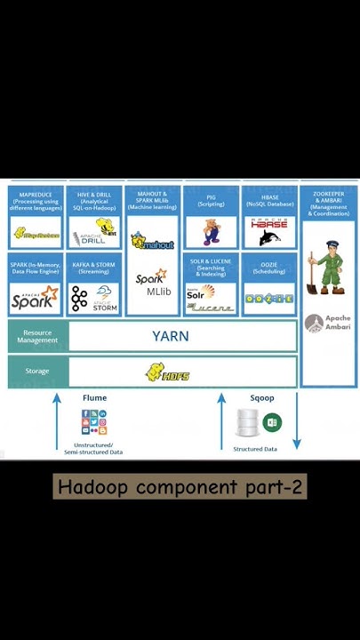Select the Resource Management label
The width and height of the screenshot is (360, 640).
[x=37, y=336]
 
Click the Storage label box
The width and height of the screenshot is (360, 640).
[x=37, y=371]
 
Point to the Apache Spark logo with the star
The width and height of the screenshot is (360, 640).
[x=34, y=299]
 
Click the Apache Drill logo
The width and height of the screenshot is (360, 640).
[x=94, y=233]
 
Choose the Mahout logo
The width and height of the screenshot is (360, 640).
[x=152, y=241]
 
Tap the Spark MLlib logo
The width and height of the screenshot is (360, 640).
[x=152, y=284]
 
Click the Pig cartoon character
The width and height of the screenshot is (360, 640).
[x=211, y=232]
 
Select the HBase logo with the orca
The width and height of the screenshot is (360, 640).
[x=268, y=232]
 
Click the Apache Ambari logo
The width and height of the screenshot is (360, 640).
[x=328, y=323]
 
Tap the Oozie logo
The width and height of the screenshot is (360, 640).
[x=268, y=299]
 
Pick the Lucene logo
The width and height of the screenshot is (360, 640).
[x=211, y=308]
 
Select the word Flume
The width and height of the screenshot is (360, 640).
[x=94, y=398]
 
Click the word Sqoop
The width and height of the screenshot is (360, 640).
[x=262, y=398]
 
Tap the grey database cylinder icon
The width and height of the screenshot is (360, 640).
[x=248, y=423]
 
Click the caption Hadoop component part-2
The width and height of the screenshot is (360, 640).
[x=180, y=487]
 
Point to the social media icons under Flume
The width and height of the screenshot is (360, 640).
[x=94, y=423]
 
